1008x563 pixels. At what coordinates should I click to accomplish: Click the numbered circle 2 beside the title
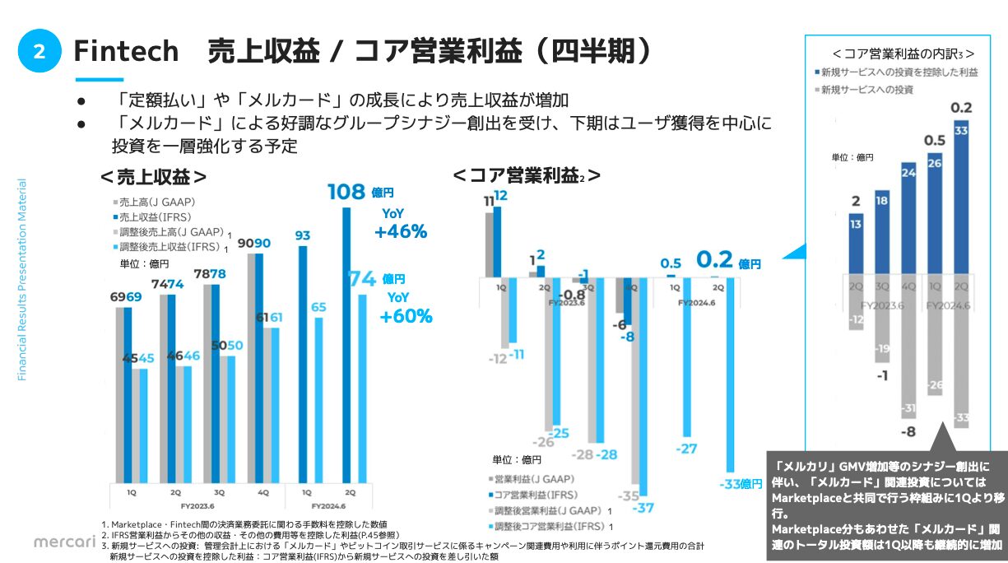39,52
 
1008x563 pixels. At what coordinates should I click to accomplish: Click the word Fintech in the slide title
126,51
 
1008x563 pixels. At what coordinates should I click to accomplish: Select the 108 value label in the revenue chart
346,192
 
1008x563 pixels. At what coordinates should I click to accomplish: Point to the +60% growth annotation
406,316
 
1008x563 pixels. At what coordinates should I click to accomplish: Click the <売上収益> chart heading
153,177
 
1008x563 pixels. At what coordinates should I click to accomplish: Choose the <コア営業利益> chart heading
527,175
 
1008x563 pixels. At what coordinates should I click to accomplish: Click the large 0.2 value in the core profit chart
714,260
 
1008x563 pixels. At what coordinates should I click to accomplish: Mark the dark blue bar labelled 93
303,362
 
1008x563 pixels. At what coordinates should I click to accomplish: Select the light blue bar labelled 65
318,399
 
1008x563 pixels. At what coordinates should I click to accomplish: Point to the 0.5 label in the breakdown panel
935,139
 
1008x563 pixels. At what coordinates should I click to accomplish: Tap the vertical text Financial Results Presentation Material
22,280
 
